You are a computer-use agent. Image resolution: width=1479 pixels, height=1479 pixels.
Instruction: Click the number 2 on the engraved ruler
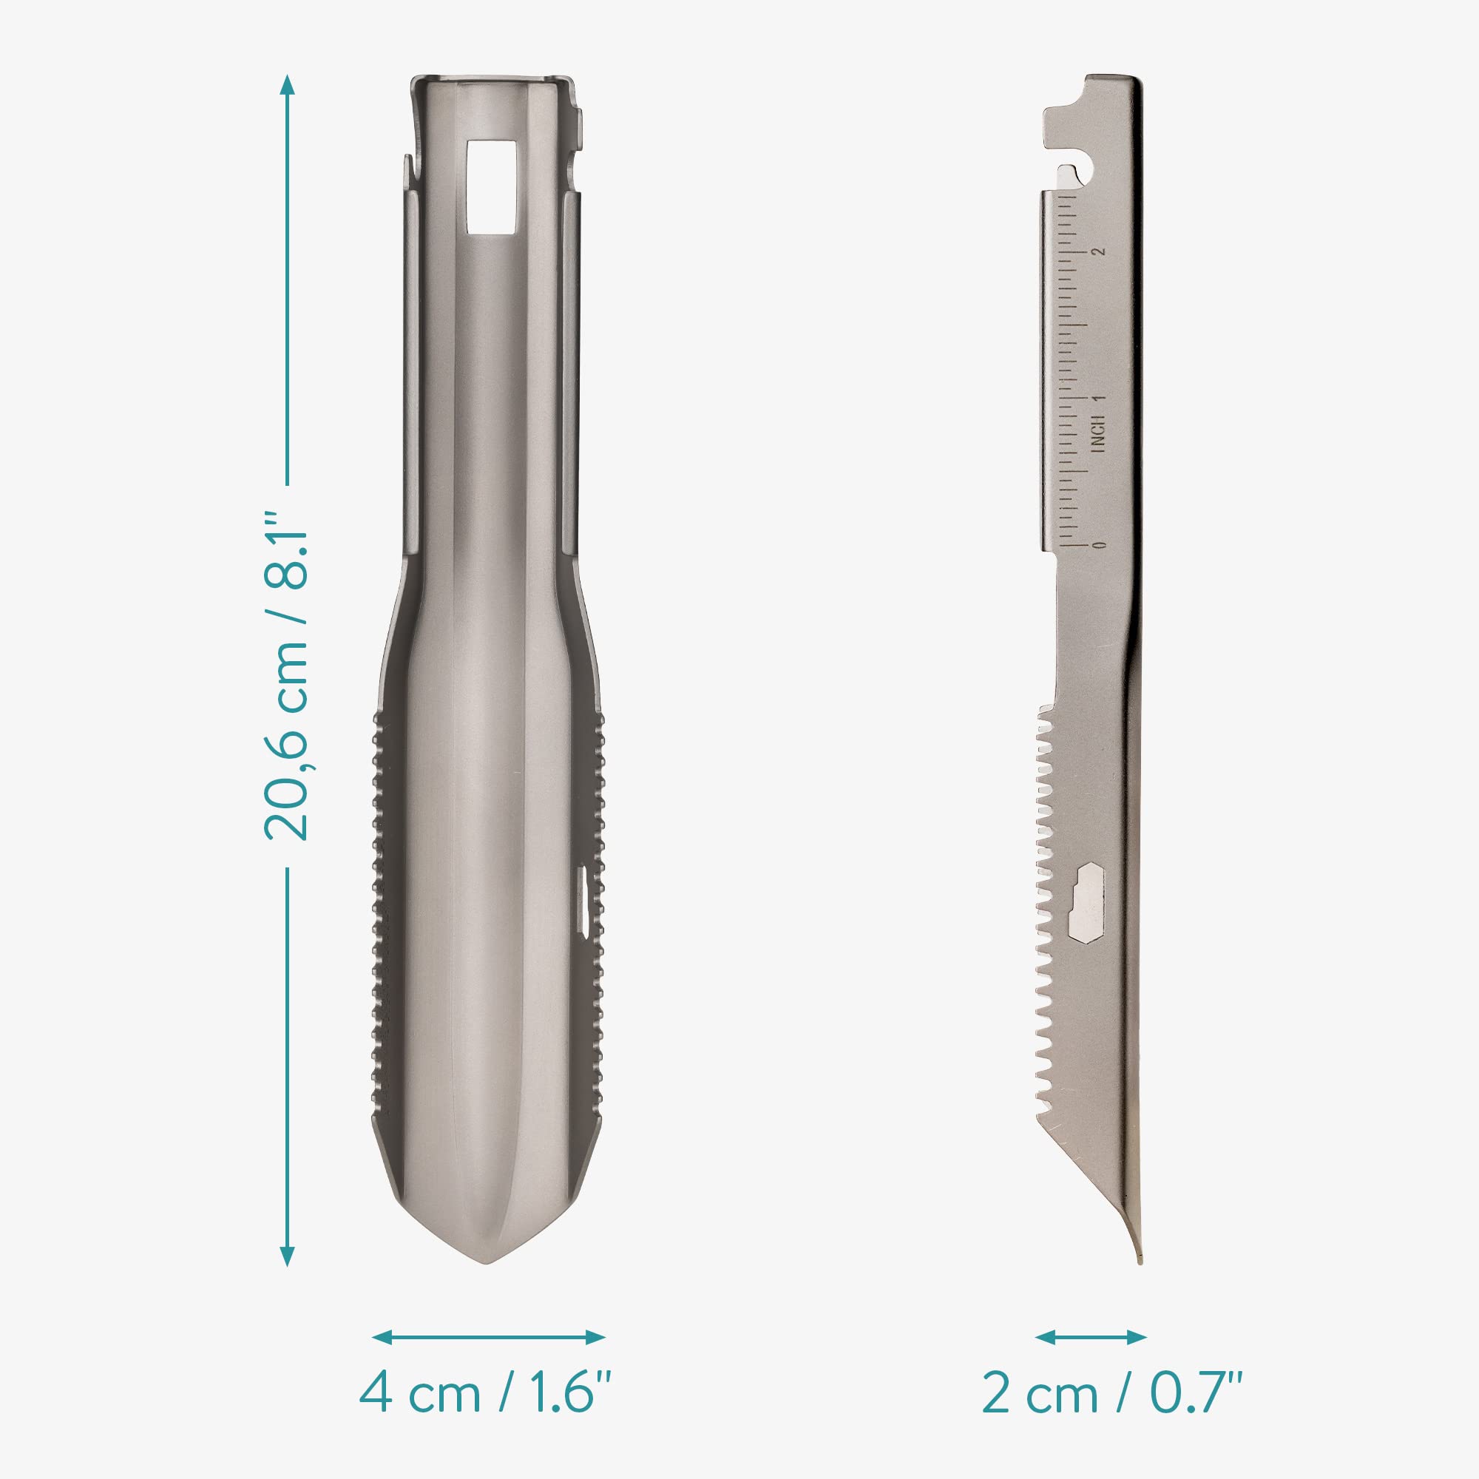1102,251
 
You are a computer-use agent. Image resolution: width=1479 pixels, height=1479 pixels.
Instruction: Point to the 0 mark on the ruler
1102,545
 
